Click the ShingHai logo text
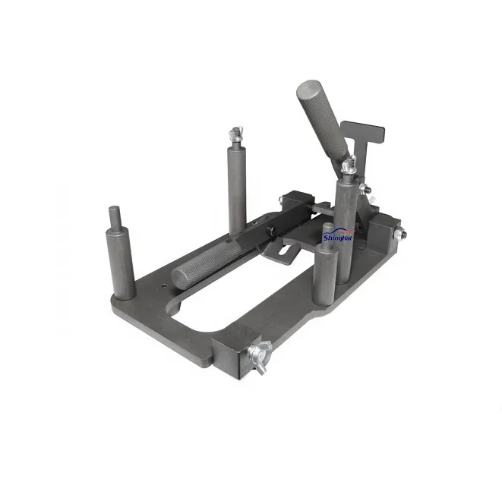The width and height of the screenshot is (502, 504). click(337, 237)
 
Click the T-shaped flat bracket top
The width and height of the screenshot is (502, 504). click(357, 132)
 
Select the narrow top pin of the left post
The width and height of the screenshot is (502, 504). click(114, 216)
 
